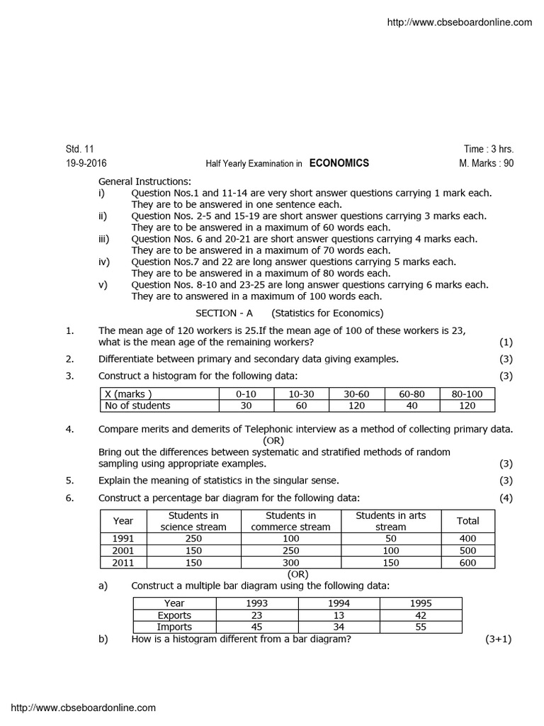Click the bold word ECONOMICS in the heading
click(339, 163)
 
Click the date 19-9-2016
click(86, 163)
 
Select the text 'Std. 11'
click(79, 149)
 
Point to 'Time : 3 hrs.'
click(489, 149)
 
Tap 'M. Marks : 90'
click(487, 163)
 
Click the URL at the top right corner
click(460, 23)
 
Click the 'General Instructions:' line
click(144, 181)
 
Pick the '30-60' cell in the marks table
click(356, 393)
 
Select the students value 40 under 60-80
click(411, 406)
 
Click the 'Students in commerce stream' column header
click(290, 521)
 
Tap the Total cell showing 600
click(467, 562)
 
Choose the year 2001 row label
click(123, 550)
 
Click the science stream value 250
click(193, 538)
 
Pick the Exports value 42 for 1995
click(421, 615)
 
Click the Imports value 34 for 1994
click(339, 627)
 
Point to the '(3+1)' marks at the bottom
click(498, 639)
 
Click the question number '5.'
click(69, 480)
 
